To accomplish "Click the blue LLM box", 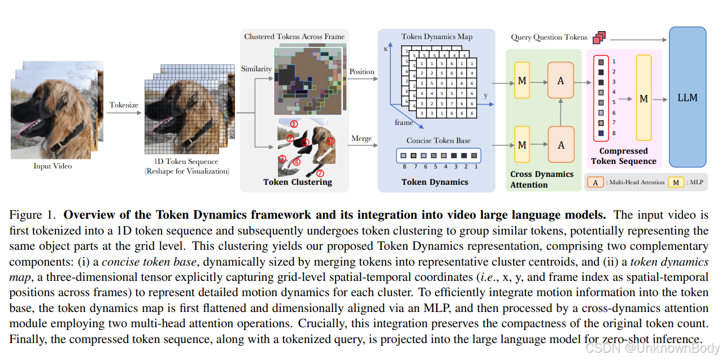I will click(688, 97).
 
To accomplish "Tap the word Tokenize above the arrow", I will click(124, 104).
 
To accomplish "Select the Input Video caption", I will click(53, 166).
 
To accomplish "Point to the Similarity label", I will click(256, 69).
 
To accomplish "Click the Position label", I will click(362, 72).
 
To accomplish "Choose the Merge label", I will click(362, 138).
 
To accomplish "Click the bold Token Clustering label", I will click(298, 182).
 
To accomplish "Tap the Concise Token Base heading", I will click(438, 140).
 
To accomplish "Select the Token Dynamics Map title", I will click(437, 37).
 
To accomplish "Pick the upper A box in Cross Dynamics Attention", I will click(560, 81).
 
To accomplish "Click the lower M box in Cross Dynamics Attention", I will click(521, 145).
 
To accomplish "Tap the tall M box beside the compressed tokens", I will click(643, 99).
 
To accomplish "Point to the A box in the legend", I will click(594, 182).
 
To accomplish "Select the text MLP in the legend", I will click(695, 182).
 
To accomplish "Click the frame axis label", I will click(404, 122).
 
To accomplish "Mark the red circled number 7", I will click(320, 174).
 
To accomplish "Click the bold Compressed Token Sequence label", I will click(624, 156).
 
